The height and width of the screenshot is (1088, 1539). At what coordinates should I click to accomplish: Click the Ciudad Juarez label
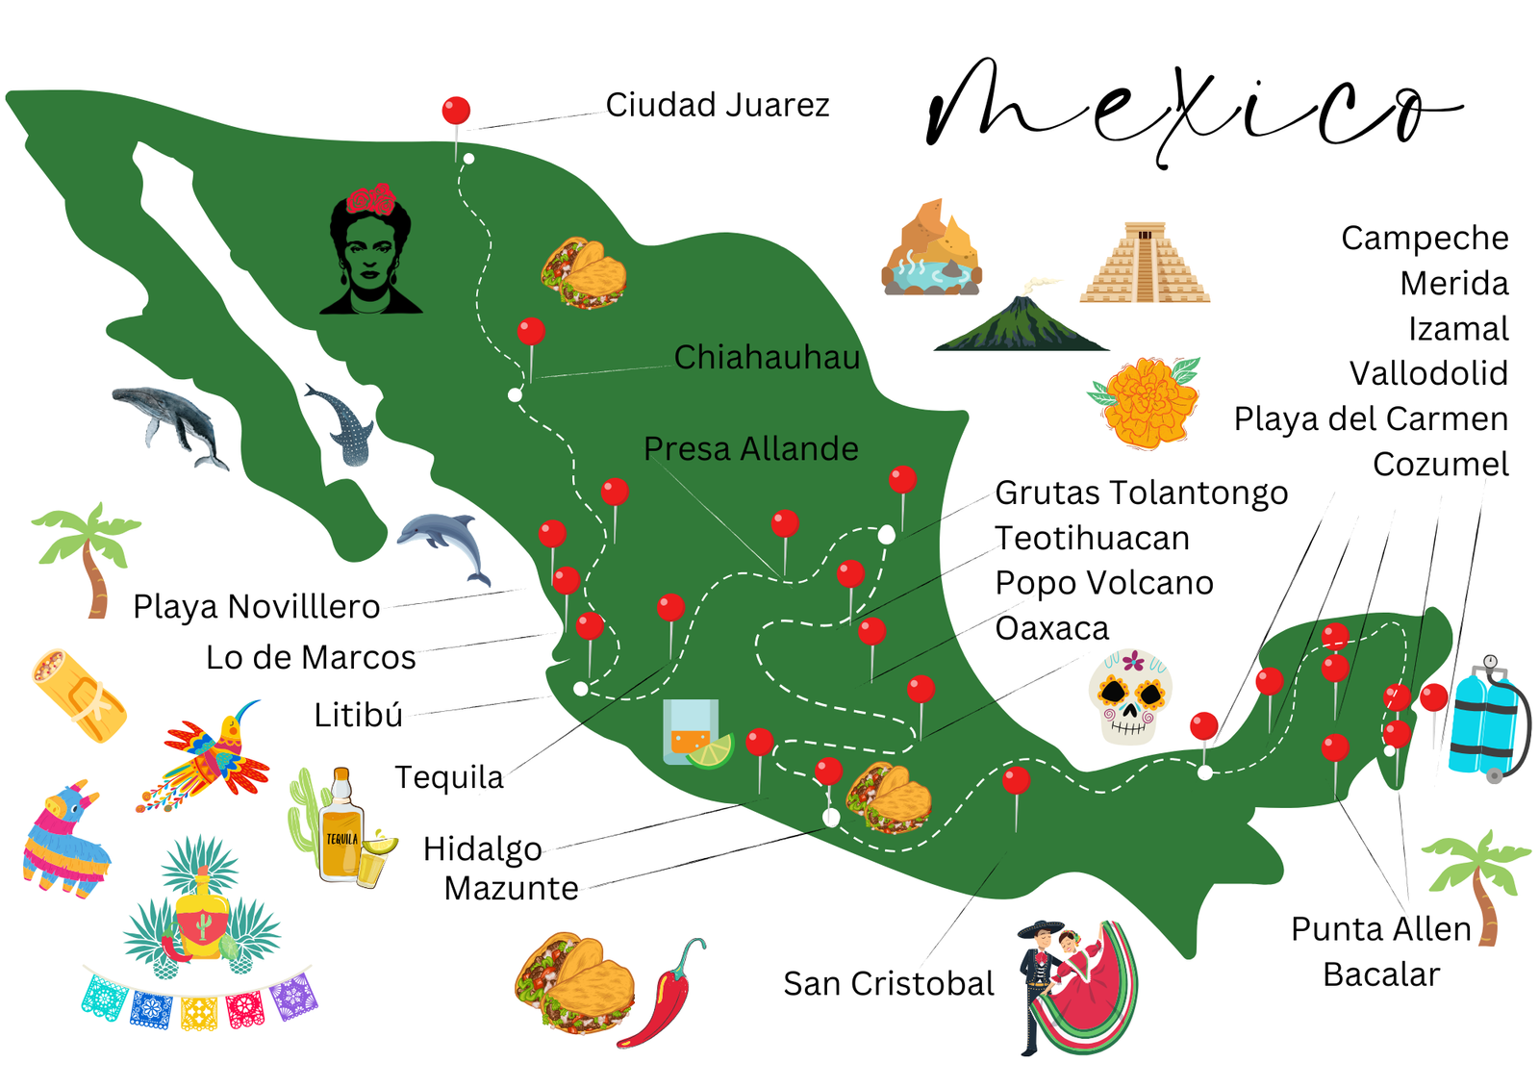(x=717, y=105)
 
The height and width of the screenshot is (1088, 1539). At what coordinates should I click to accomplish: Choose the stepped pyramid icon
(x=1145, y=264)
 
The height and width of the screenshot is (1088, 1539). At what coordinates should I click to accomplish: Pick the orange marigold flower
(x=1148, y=401)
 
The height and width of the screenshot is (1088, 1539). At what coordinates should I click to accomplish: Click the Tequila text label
(x=449, y=777)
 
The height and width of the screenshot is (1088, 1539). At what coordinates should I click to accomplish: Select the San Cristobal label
(x=888, y=983)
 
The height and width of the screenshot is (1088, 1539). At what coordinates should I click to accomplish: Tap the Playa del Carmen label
(x=1371, y=418)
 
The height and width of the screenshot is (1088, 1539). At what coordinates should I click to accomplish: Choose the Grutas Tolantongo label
(x=1141, y=493)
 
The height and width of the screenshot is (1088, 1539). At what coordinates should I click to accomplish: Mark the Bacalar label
(x=1380, y=974)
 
